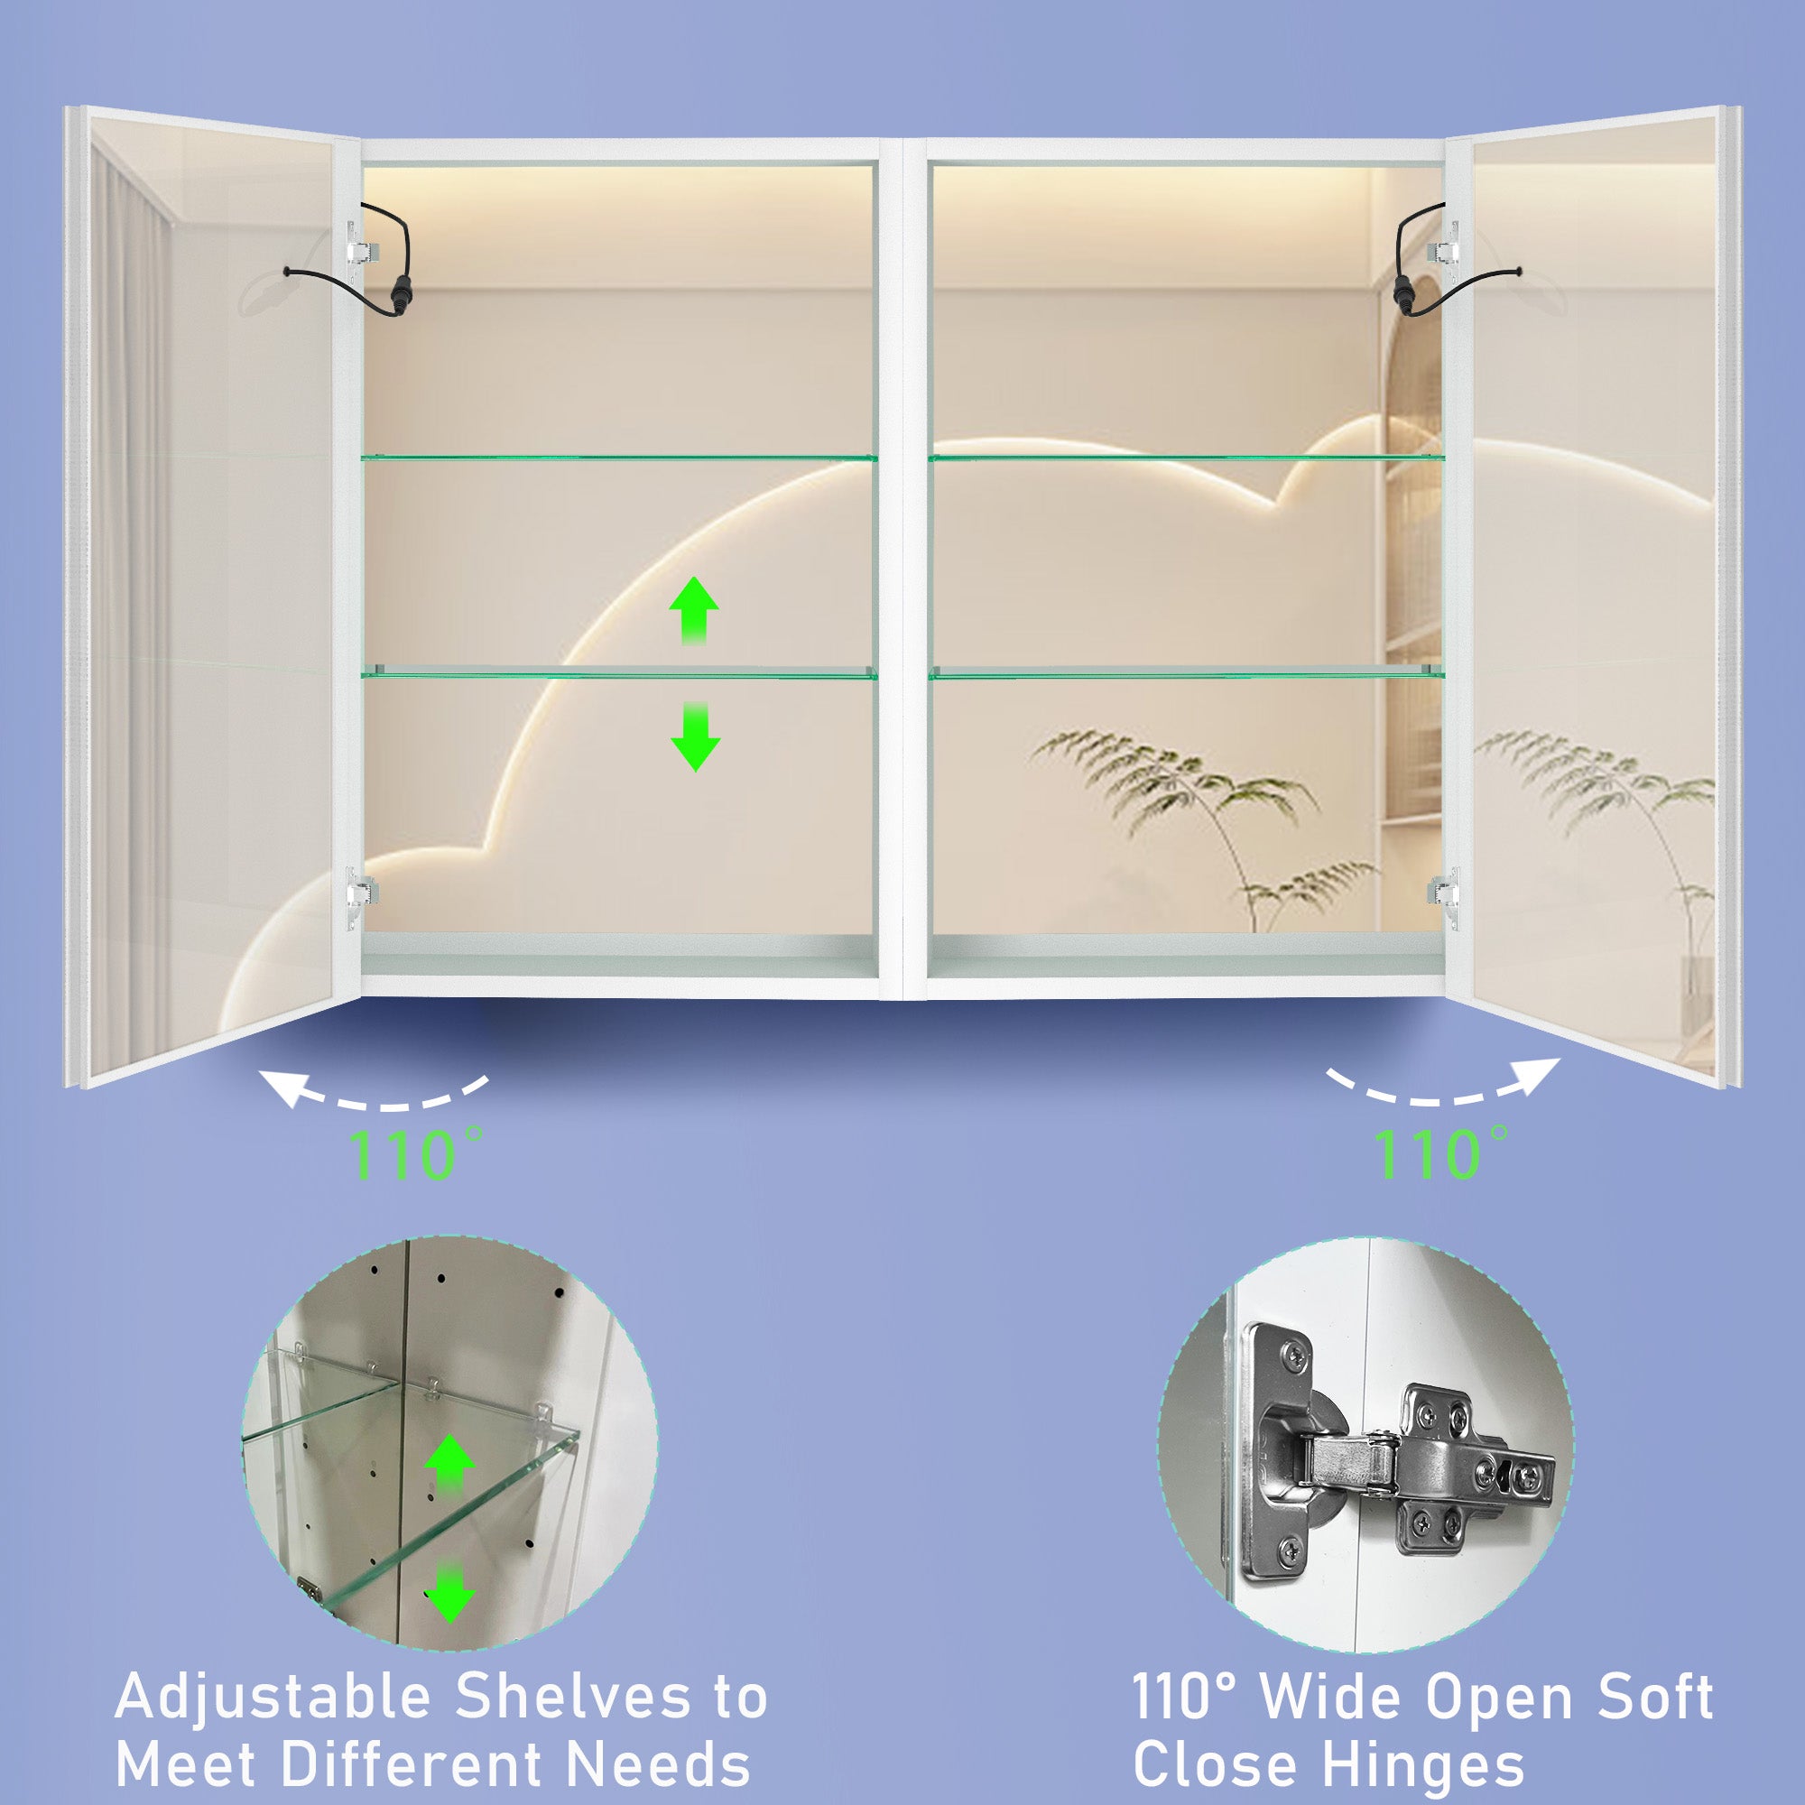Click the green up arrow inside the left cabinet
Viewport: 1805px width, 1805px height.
[x=694, y=610]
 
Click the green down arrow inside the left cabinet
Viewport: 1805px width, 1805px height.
[x=695, y=737]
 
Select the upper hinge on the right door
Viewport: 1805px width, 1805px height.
[x=1443, y=248]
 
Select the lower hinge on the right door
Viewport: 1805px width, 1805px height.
[x=1443, y=895]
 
